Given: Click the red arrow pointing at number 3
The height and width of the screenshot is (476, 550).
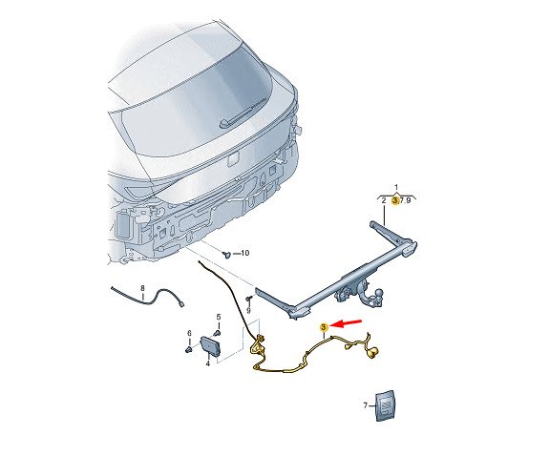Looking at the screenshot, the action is (x=347, y=323).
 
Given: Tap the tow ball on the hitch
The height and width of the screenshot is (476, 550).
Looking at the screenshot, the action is (x=379, y=293).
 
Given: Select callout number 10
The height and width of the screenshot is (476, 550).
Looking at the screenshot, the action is (x=245, y=253).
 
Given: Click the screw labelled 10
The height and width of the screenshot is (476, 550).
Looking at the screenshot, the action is (x=226, y=254).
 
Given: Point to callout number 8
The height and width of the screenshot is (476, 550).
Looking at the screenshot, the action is (x=142, y=288).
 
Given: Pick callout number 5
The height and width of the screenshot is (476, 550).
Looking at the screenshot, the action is (x=219, y=318).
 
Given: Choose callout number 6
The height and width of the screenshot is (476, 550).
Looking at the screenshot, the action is (x=189, y=333).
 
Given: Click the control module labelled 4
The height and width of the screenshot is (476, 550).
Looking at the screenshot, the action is (x=210, y=347).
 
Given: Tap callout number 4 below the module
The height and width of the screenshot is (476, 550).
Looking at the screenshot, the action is (x=207, y=363).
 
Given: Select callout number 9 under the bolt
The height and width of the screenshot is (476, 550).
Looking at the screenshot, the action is (x=248, y=311).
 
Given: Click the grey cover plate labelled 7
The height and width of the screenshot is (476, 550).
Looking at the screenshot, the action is (x=385, y=405).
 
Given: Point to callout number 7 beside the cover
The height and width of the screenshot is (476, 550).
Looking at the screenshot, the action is (x=365, y=405).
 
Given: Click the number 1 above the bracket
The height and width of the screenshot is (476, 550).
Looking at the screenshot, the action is (x=396, y=187).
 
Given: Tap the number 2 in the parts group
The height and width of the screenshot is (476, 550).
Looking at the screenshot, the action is (x=384, y=201).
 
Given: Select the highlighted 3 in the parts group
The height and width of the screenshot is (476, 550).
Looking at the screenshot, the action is (x=395, y=201).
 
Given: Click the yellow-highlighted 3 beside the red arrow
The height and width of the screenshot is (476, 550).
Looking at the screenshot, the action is (x=324, y=327).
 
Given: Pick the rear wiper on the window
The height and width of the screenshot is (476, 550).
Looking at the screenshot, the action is (x=236, y=117).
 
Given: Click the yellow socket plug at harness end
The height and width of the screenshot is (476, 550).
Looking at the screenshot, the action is (x=372, y=352).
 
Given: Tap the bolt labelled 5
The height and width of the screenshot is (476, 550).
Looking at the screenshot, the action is (x=218, y=333).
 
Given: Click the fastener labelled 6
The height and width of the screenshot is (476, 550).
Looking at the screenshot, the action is (x=188, y=349).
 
